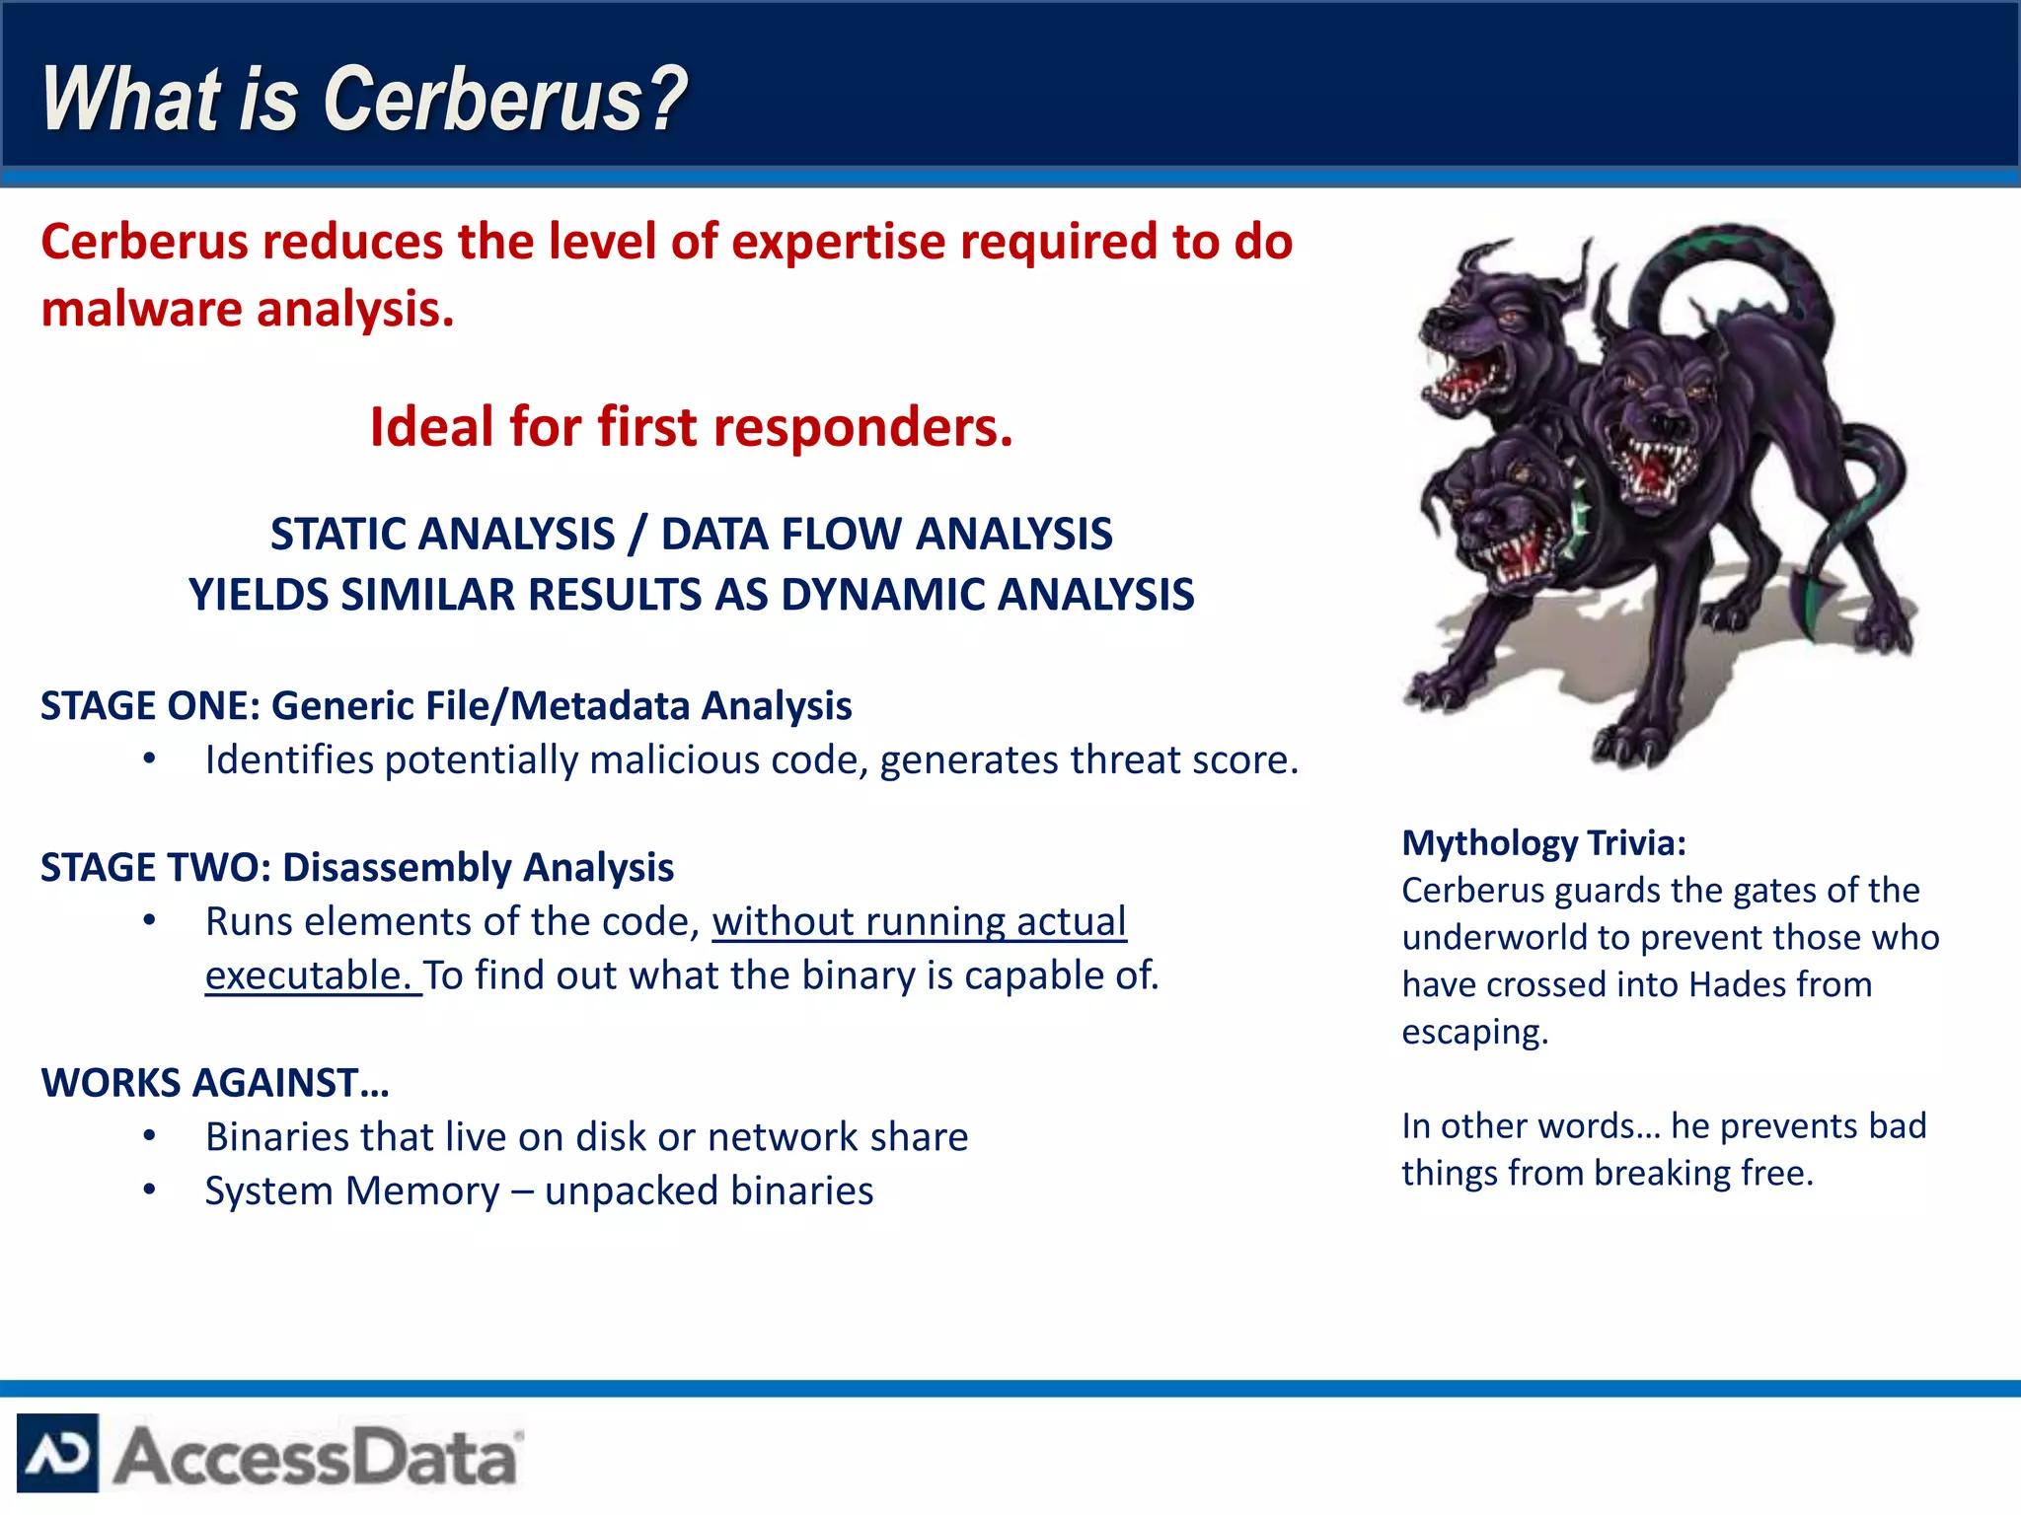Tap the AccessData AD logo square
(57, 1453)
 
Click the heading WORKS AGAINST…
(215, 1083)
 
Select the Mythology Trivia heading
(1543, 843)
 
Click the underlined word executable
(310, 976)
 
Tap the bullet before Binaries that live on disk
(149, 1137)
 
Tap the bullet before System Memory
(149, 1190)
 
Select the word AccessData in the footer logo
(316, 1457)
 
